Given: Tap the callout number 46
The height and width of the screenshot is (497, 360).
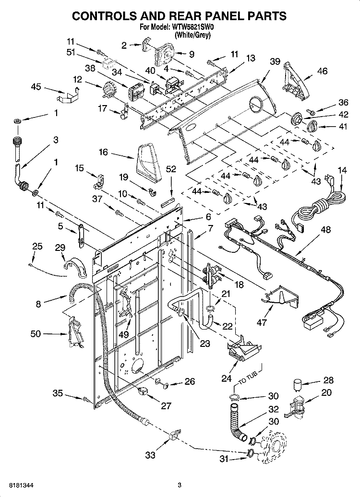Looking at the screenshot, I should point(323,71).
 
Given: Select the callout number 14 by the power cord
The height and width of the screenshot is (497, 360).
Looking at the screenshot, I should point(342,170).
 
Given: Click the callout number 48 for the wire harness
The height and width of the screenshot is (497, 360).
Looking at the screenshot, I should point(326,229).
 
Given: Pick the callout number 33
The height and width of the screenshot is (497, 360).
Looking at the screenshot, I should point(150,455).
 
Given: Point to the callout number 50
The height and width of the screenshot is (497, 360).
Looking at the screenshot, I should point(36,334).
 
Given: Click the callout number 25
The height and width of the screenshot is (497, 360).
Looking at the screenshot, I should point(37,246).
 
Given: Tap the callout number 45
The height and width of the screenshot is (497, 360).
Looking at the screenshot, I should point(36,87).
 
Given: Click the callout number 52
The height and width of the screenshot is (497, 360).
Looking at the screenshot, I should point(171,168).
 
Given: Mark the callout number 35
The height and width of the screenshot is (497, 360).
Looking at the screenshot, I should point(58,394).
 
